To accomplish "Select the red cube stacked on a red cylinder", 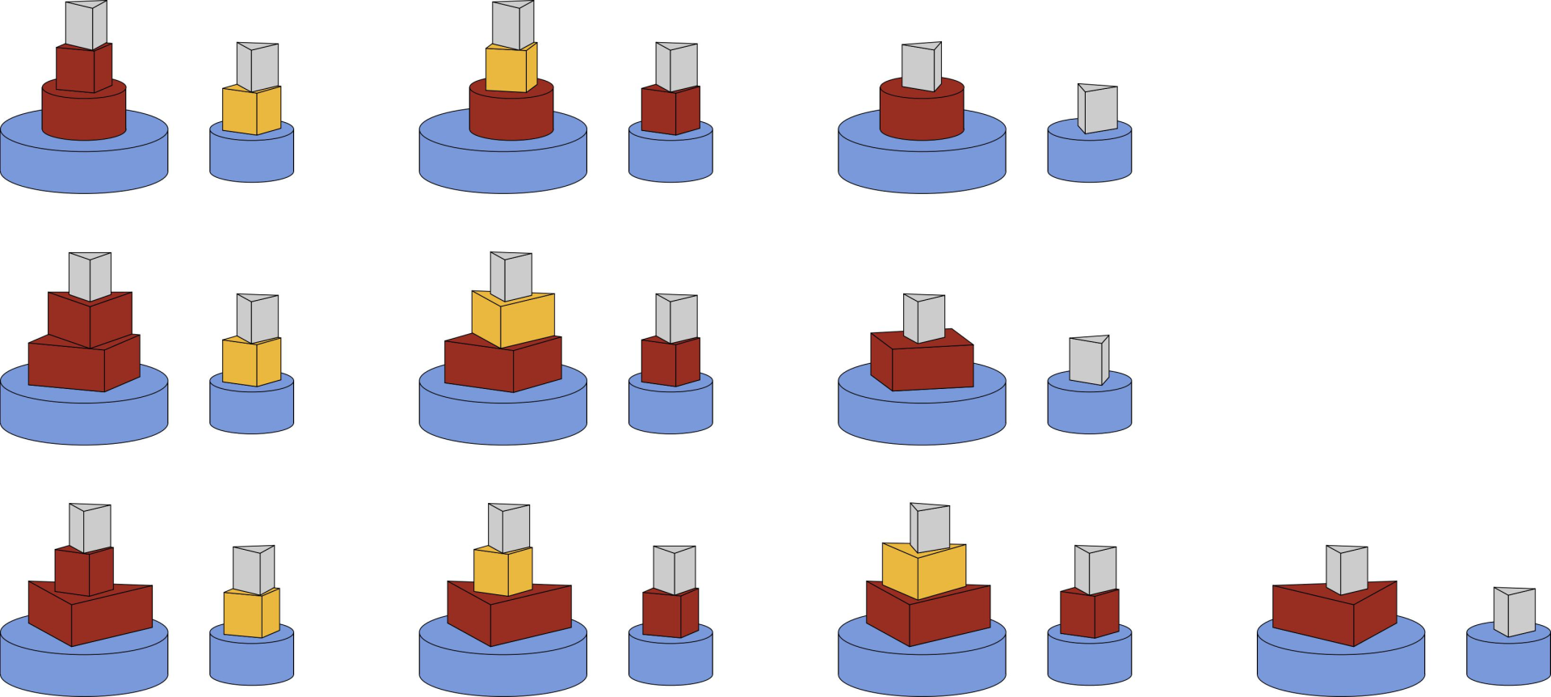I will [x=83, y=70].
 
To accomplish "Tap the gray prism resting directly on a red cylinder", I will [x=921, y=66].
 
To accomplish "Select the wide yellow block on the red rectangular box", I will [x=514, y=319].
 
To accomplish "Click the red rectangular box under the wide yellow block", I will [x=502, y=365].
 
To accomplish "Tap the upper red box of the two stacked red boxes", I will [x=90, y=319].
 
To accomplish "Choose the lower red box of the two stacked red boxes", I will [x=83, y=365].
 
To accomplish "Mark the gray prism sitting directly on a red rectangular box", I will [x=923, y=318].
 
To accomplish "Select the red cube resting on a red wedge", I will [x=84, y=571].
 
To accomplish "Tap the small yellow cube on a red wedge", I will [x=502, y=571].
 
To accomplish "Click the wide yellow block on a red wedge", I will [x=923, y=571].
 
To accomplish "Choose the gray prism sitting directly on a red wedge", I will [x=1347, y=570].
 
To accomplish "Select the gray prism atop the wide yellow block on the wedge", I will [x=930, y=528].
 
